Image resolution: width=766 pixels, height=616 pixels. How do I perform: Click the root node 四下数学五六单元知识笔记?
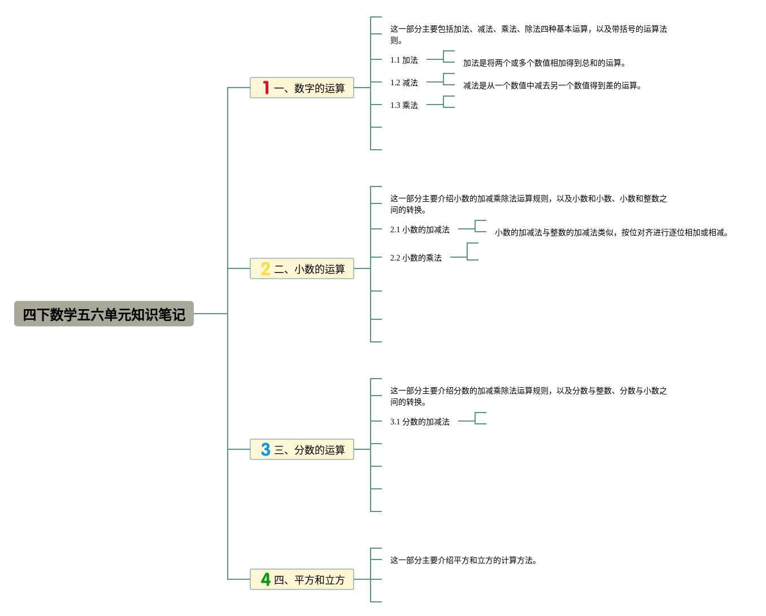pyautogui.click(x=104, y=314)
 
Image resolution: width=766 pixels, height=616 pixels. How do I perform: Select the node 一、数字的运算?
pyautogui.click(x=309, y=88)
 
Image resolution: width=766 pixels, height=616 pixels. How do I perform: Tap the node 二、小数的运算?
pyautogui.click(x=309, y=269)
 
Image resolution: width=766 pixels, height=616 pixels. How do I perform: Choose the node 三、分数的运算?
pyautogui.click(x=309, y=450)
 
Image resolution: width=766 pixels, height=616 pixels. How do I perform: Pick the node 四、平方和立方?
pyautogui.click(x=309, y=580)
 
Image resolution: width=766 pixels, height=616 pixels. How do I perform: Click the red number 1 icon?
pyautogui.click(x=266, y=88)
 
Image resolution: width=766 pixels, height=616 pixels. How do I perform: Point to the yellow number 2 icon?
pyautogui.click(x=266, y=268)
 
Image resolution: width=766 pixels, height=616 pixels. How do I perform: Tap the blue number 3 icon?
pyautogui.click(x=266, y=449)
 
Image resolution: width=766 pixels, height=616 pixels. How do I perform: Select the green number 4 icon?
pyautogui.click(x=266, y=579)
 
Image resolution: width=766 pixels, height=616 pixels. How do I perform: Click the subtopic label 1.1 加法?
pyautogui.click(x=404, y=60)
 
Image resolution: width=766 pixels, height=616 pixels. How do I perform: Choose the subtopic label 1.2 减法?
pyautogui.click(x=404, y=83)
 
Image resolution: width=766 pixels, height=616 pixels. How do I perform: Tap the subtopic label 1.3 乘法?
pyautogui.click(x=404, y=105)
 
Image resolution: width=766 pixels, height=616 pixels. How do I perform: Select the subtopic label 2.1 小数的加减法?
pyautogui.click(x=420, y=229)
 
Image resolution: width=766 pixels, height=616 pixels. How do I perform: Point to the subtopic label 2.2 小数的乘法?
pyautogui.click(x=416, y=258)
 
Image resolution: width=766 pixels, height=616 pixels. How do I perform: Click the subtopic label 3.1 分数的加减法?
pyautogui.click(x=420, y=422)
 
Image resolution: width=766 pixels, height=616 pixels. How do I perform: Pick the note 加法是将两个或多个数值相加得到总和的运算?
pyautogui.click(x=544, y=63)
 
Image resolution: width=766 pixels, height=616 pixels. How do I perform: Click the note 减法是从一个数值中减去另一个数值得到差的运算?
pyautogui.click(x=552, y=85)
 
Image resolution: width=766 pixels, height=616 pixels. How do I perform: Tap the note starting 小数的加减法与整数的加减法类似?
pyautogui.click(x=611, y=232)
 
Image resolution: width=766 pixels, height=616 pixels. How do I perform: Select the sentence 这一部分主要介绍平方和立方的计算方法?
pyautogui.click(x=463, y=560)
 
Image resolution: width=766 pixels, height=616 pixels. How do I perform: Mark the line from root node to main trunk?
pyautogui.click(x=211, y=314)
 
